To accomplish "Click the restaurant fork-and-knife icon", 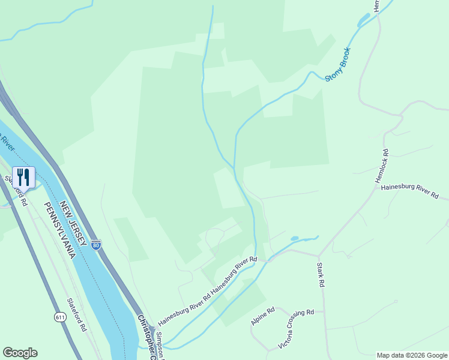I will click(x=23, y=177).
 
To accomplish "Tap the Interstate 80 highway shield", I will click(x=96, y=245).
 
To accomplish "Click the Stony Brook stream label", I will click(x=337, y=65).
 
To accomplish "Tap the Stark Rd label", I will click(x=321, y=274).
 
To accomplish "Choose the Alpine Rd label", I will click(x=263, y=316).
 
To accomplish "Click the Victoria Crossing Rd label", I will click(x=297, y=328).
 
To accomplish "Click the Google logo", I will click(x=20, y=353).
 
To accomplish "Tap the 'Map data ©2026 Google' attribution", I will click(x=412, y=355).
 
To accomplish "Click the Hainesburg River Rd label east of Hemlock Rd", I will click(x=409, y=192).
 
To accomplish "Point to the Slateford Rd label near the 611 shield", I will click(x=77, y=315).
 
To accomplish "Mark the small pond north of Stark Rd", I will click(x=294, y=238).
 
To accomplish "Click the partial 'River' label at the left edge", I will click(x=6, y=145).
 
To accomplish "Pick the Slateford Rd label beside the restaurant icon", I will click(x=16, y=191).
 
